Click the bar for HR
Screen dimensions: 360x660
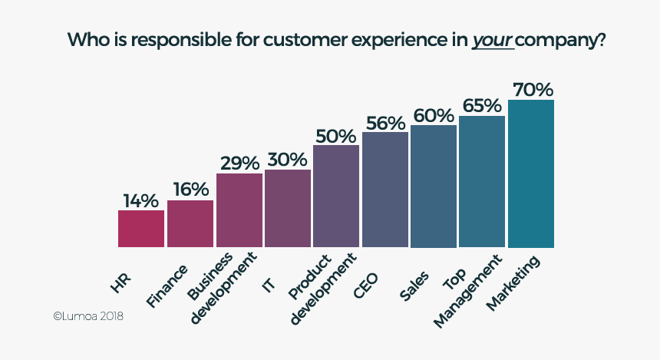[x=141, y=229]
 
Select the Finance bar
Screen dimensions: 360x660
[x=190, y=224]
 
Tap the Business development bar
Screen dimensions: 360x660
[x=239, y=210]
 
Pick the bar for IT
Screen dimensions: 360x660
[x=288, y=209]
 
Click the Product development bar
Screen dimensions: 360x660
[x=336, y=197]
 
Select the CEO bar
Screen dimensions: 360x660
[x=385, y=190]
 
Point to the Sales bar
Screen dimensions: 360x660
[x=434, y=187]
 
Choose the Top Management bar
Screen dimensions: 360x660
[x=482, y=182]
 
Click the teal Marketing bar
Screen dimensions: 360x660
[x=531, y=174]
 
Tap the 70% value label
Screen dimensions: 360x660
[x=532, y=89]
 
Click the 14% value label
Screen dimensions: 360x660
[x=140, y=200]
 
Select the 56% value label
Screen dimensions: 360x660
[x=385, y=123]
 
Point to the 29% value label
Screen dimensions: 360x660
[x=239, y=163]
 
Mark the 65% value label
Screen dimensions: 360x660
[x=482, y=106]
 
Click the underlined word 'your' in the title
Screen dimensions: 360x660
[x=492, y=39]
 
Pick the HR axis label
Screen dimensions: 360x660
[x=122, y=281]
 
